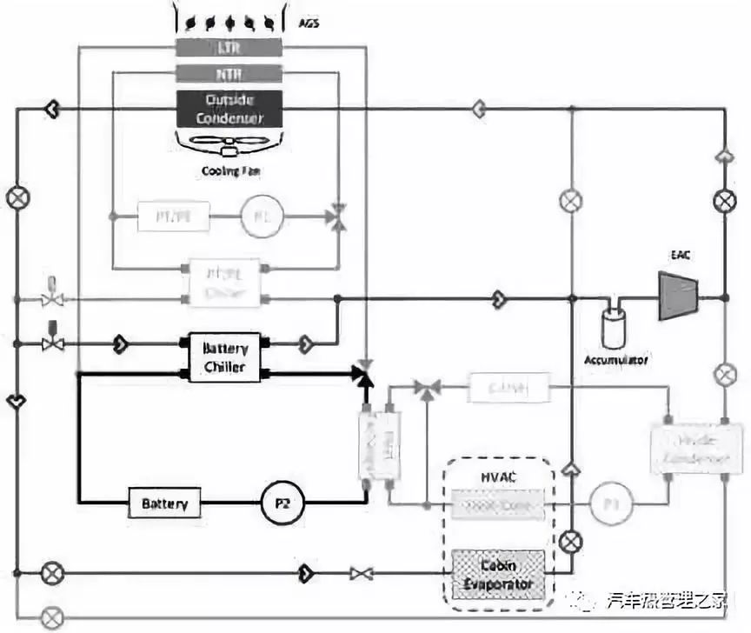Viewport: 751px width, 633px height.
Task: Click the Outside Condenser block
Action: coord(229,109)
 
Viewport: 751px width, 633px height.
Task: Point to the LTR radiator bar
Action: coord(229,47)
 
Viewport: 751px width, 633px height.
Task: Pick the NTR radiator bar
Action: coord(229,74)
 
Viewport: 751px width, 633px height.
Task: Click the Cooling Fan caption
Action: coord(230,171)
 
